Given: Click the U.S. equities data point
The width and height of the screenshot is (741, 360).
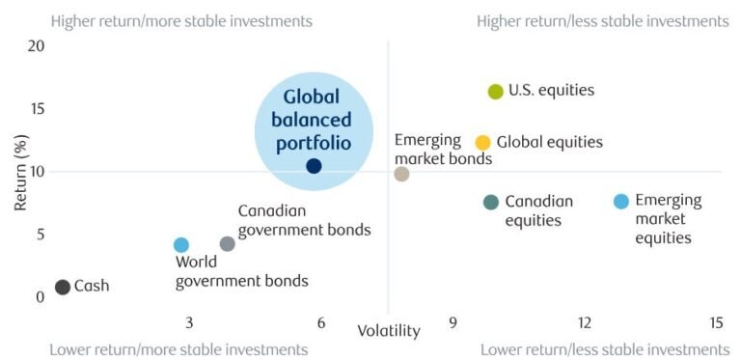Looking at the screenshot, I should (495, 92).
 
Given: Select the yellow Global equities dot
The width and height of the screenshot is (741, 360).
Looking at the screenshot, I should (482, 143).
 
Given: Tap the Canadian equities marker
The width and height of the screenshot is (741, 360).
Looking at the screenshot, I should (491, 202).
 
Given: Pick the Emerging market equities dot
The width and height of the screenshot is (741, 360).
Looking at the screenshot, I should (621, 202).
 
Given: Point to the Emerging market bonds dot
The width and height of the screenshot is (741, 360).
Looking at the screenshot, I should (401, 174).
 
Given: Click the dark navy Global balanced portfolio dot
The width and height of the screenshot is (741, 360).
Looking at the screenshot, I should (314, 166).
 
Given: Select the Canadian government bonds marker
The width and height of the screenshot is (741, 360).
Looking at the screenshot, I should (227, 243).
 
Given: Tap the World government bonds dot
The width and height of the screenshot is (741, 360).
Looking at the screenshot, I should (180, 245).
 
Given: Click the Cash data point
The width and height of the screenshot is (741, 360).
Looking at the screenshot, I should (63, 287).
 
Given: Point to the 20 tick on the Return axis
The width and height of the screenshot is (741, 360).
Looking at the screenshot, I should (37, 45).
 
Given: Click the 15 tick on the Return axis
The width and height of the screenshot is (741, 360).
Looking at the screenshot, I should (37, 108).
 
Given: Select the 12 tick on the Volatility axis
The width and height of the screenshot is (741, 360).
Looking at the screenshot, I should (584, 321).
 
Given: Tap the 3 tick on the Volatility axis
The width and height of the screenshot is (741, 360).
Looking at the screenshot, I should (189, 321).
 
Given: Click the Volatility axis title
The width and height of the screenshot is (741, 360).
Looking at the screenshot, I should (389, 331).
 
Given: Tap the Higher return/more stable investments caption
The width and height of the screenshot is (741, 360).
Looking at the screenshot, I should (181, 20).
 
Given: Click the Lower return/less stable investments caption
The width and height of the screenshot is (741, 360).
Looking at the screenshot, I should (604, 349).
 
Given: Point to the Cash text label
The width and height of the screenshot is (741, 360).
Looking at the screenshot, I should (92, 287).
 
